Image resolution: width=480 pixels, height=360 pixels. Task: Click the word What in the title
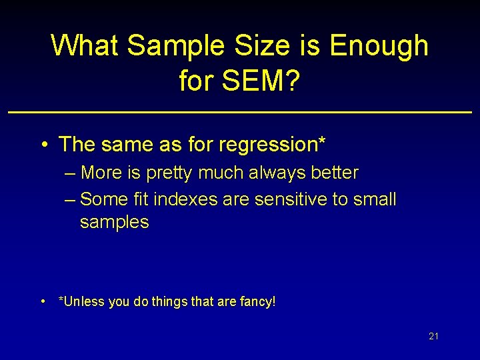[85, 46]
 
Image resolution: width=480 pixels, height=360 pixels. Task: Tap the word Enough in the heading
[379, 46]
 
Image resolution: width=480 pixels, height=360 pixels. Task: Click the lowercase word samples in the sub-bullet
[114, 223]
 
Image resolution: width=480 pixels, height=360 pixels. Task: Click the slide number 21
[433, 337]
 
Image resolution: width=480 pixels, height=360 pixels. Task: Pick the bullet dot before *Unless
[43, 301]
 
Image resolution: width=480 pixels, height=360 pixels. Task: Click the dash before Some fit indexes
[71, 199]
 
